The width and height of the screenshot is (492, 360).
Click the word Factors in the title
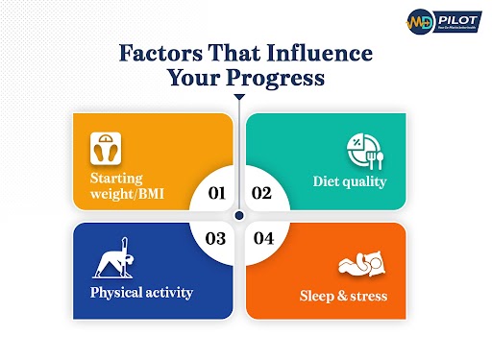click(156, 54)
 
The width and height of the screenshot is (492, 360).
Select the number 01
click(217, 193)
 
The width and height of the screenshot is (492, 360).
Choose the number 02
click(261, 193)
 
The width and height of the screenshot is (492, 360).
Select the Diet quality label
click(351, 180)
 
